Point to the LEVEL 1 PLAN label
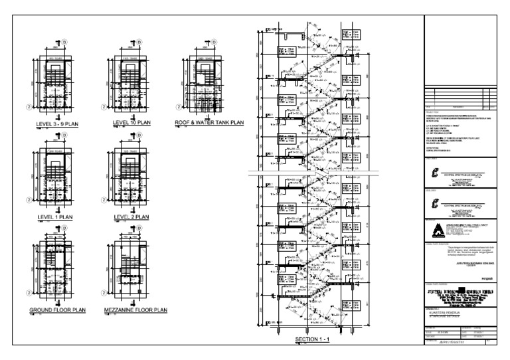pos(55,217)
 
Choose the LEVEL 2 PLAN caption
pos(131,217)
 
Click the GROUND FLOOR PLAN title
pos(57,310)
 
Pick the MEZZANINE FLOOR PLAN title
pos(136,310)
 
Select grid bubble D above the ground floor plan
pos(64,229)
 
